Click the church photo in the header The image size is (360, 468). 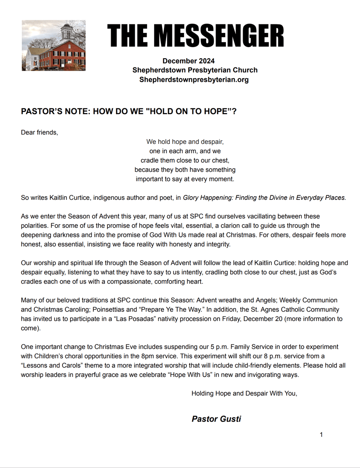click(x=53, y=45)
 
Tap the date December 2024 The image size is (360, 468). click(x=188, y=61)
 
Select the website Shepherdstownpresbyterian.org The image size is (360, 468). click(x=194, y=79)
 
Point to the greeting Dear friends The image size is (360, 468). click(x=40, y=132)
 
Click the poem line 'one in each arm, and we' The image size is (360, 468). click(x=185, y=151)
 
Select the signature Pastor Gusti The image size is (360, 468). click(x=216, y=419)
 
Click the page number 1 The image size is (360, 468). click(x=321, y=435)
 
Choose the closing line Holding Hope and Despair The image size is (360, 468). click(x=244, y=393)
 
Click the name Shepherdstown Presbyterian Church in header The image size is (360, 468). click(x=195, y=70)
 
